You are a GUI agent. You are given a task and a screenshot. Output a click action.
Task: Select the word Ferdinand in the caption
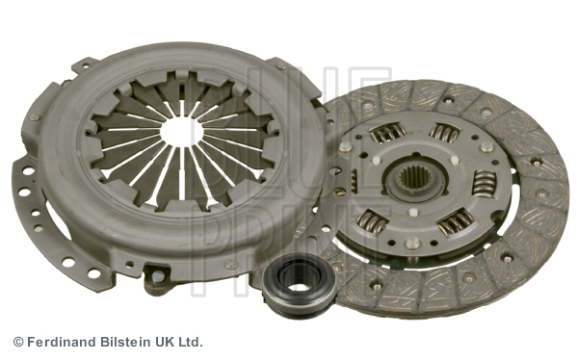[x=62, y=342]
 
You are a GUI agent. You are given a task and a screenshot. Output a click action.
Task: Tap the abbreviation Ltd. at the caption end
[x=191, y=342]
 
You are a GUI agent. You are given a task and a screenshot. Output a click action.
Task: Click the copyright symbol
[x=18, y=342]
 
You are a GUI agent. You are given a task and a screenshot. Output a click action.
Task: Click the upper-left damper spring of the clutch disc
[x=387, y=133]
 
